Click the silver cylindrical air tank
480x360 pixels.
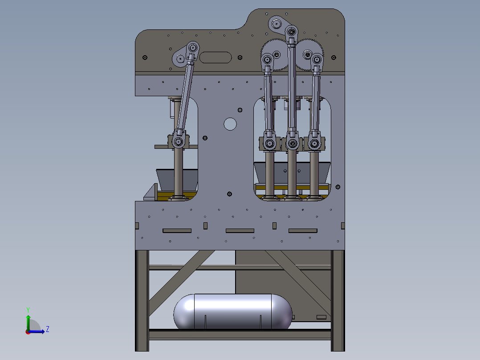(x=232, y=311)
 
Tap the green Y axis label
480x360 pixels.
(x=28, y=310)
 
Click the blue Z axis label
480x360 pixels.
(x=48, y=329)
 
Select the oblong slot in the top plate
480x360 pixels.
(x=216, y=57)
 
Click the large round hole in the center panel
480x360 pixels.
(x=230, y=124)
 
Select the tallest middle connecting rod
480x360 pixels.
(x=292, y=89)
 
